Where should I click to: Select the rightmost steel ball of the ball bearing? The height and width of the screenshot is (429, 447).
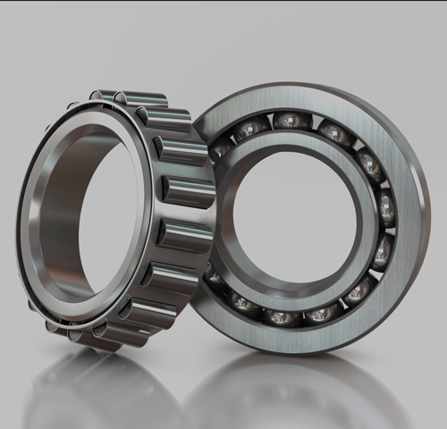tap(385, 209)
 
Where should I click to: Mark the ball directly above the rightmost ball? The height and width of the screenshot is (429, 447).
tap(368, 165)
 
